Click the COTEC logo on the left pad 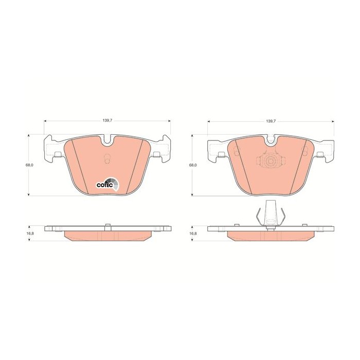click(107, 184)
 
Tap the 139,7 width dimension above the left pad click(107, 121)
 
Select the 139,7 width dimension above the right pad click(271, 121)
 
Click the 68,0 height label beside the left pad click(30, 165)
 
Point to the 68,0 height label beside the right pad click(193, 165)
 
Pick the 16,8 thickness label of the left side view click(30, 233)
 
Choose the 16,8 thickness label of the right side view click(193, 233)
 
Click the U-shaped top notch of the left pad click(107, 141)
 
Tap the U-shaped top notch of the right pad click(271, 141)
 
